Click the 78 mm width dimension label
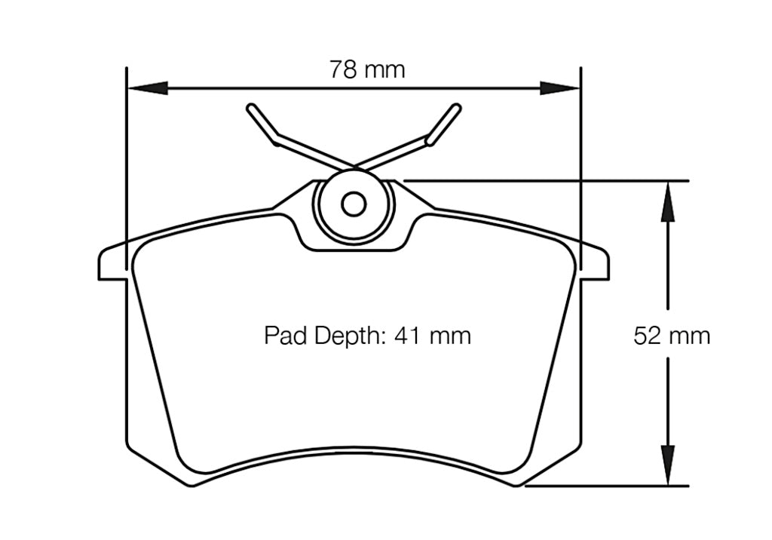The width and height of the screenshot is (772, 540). point(367,69)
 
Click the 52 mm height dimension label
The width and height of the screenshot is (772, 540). point(672,336)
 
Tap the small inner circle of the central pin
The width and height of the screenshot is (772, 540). point(354,204)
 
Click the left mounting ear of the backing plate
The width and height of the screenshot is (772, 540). point(111,263)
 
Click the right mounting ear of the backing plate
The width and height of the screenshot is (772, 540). point(596,263)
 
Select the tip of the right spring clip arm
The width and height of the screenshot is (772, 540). point(456,109)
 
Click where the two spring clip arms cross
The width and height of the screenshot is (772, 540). point(354,166)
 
